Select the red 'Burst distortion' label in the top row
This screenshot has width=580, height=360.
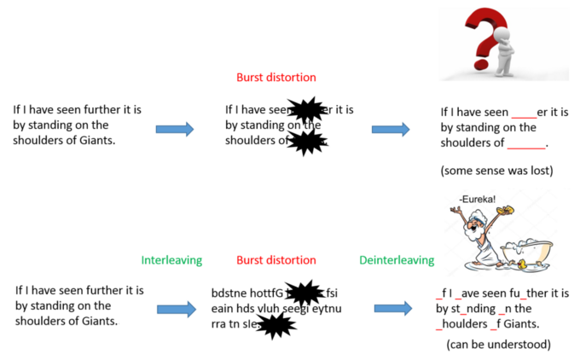pyautogui.click(x=275, y=78)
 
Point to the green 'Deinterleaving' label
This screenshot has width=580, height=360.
pyautogui.click(x=395, y=259)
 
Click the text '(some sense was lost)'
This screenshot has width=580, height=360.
pyautogui.click(x=496, y=171)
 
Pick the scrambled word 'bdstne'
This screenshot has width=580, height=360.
pyautogui.click(x=231, y=293)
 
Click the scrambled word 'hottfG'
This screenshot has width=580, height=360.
pyautogui.click(x=269, y=293)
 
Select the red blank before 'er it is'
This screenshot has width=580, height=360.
pyautogui.click(x=524, y=113)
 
